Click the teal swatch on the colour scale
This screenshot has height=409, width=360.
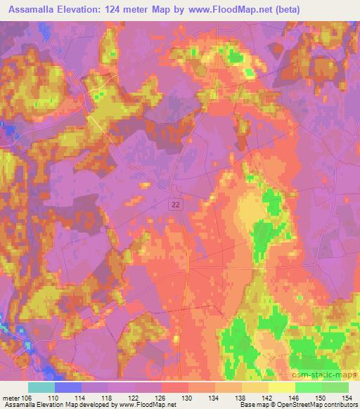coord(41,387)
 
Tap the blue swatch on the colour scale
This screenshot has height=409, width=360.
coord(68,387)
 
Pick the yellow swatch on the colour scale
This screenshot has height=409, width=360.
coord(281,387)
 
